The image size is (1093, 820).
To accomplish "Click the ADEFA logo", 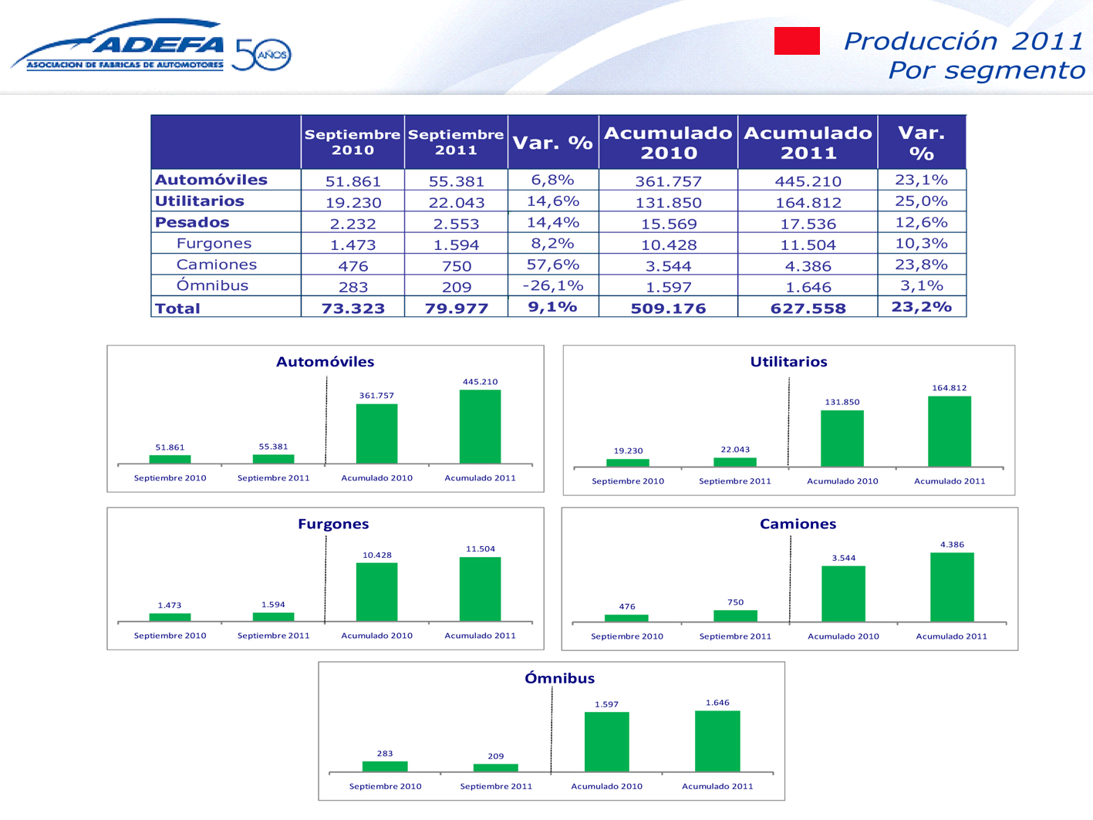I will click(x=120, y=46).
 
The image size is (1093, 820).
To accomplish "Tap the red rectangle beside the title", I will click(x=797, y=41).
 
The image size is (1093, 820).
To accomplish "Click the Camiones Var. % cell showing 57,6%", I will click(x=553, y=265).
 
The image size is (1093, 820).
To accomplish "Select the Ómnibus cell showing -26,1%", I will click(x=553, y=285).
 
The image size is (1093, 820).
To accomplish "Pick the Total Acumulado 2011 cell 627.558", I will click(x=808, y=308).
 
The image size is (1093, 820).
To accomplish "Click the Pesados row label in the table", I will click(x=192, y=222).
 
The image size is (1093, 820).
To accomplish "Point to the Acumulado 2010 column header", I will click(x=668, y=143).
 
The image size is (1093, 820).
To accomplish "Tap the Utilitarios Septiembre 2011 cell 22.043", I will click(x=457, y=202).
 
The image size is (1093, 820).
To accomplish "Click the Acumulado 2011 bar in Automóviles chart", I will click(x=480, y=427).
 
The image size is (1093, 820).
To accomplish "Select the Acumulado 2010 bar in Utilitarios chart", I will click(x=842, y=438).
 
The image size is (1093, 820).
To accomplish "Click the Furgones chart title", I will click(x=333, y=524).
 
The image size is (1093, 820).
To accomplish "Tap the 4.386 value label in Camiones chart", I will click(x=952, y=545).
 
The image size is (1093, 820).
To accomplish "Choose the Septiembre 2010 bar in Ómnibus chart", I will click(x=385, y=767).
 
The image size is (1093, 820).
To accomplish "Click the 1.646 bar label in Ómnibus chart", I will click(x=717, y=703).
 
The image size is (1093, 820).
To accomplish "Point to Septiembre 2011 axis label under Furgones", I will click(x=273, y=636).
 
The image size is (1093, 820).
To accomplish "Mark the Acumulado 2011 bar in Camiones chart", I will click(x=952, y=587).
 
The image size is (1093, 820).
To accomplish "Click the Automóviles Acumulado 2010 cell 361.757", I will click(x=668, y=181).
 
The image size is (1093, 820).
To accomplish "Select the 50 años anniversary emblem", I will click(x=261, y=54).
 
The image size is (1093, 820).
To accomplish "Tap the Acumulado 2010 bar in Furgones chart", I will click(x=376, y=592).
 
